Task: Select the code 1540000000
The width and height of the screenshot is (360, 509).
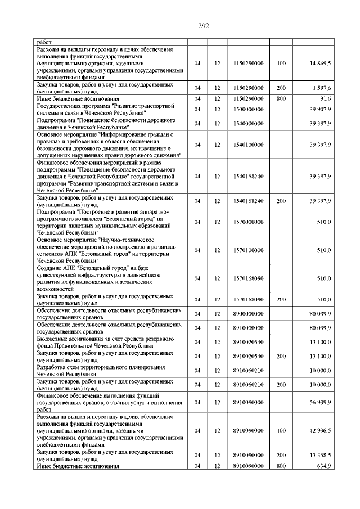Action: (248, 123)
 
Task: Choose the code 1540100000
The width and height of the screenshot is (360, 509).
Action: (248, 145)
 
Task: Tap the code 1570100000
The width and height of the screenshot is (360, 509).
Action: (248, 250)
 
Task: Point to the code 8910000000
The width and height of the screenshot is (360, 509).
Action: (248, 327)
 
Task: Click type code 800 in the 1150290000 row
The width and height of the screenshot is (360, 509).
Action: (281, 99)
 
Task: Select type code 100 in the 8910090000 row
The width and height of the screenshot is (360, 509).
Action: (281, 430)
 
